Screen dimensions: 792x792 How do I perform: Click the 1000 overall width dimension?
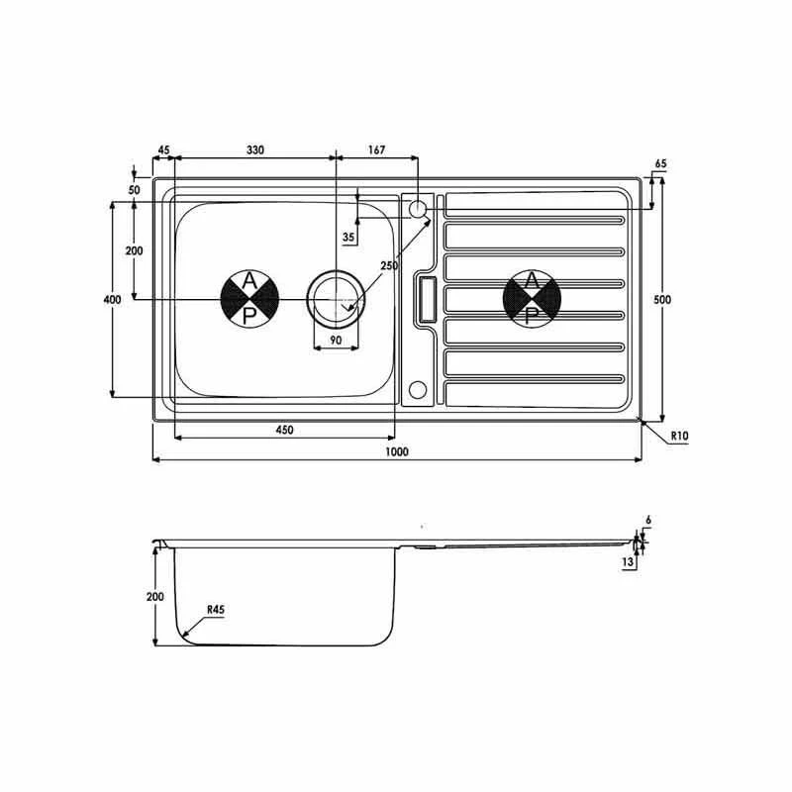coord(396,451)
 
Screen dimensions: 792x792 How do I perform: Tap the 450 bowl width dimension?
coord(284,430)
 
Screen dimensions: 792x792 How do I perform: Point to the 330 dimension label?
coord(254,150)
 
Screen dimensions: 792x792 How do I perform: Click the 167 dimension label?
coord(376,150)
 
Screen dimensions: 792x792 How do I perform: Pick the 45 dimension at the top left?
coord(163,150)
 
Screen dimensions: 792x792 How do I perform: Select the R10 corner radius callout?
coord(679,436)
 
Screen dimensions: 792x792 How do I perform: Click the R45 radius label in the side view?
coord(215,612)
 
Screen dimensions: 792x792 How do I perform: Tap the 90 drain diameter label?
coord(336,341)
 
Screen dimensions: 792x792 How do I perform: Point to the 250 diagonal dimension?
coord(388,266)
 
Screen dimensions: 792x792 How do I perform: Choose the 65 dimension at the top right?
coord(660,163)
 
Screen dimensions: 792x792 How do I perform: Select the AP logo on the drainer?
coord(533,298)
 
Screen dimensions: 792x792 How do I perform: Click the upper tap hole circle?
coord(417,209)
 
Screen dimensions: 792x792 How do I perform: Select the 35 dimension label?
coord(347,238)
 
